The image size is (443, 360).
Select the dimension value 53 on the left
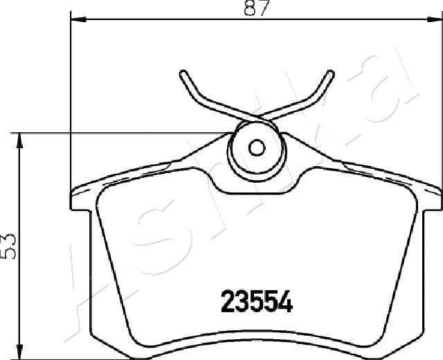(x=9, y=245)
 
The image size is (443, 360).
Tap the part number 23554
(x=256, y=301)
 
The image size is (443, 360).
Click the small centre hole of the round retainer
(x=257, y=148)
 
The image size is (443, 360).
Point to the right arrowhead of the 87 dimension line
(x=435, y=21)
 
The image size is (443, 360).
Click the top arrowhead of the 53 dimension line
(x=21, y=138)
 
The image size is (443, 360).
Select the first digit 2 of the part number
(x=227, y=301)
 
